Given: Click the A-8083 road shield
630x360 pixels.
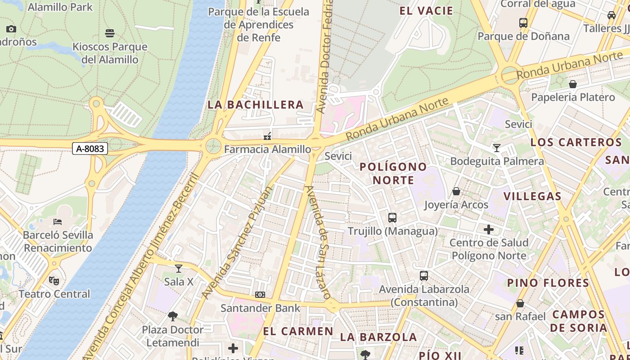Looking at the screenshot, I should pyautogui.click(x=90, y=148).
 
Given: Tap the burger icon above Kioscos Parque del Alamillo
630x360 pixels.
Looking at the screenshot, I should pyautogui.click(x=110, y=33).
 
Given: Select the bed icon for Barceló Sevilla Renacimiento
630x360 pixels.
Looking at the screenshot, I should pyautogui.click(x=58, y=221).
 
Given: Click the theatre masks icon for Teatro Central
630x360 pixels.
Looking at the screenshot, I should pyautogui.click(x=54, y=281).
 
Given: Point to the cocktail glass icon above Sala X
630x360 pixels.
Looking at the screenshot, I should pyautogui.click(x=179, y=269).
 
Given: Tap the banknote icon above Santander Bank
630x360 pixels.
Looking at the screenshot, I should pyautogui.click(x=260, y=295).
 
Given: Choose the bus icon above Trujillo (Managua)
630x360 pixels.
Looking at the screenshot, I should pyautogui.click(x=392, y=218).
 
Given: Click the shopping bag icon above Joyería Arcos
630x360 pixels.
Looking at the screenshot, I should pyautogui.click(x=456, y=191).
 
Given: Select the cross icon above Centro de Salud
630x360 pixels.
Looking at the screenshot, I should pyautogui.click(x=489, y=229).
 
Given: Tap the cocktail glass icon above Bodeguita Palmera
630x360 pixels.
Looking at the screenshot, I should pyautogui.click(x=497, y=148).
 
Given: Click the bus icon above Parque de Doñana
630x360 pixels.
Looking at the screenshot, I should pyautogui.click(x=523, y=22).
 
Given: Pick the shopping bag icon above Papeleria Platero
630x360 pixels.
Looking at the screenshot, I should pyautogui.click(x=573, y=84).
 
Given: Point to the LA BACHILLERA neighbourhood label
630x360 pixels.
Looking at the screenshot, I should pyautogui.click(x=256, y=105).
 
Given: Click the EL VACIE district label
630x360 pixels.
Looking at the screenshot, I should pyautogui.click(x=426, y=11).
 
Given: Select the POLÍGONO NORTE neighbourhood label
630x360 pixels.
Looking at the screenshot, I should pyautogui.click(x=393, y=173).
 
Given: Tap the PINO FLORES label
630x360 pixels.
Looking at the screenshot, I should pyautogui.click(x=548, y=283).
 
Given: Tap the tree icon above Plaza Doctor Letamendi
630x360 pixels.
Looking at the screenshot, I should pyautogui.click(x=173, y=316).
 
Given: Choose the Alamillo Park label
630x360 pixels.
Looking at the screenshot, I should pyautogui.click(x=60, y=7).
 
